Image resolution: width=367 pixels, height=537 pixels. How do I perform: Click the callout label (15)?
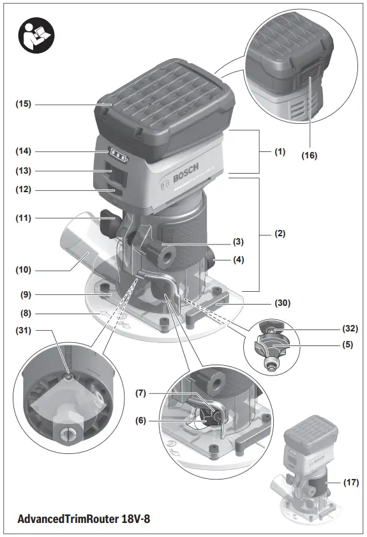click(x=24, y=103)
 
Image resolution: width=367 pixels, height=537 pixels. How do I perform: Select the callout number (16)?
click(x=309, y=155)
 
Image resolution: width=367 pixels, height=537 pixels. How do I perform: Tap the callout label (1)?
click(x=280, y=152)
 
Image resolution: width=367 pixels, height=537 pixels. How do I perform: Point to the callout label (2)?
click(x=280, y=234)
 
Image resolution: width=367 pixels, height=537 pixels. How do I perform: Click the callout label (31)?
click(x=24, y=330)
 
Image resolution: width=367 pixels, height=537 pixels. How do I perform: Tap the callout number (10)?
click(x=24, y=269)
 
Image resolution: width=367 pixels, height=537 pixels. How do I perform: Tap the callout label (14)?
click(x=24, y=151)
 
